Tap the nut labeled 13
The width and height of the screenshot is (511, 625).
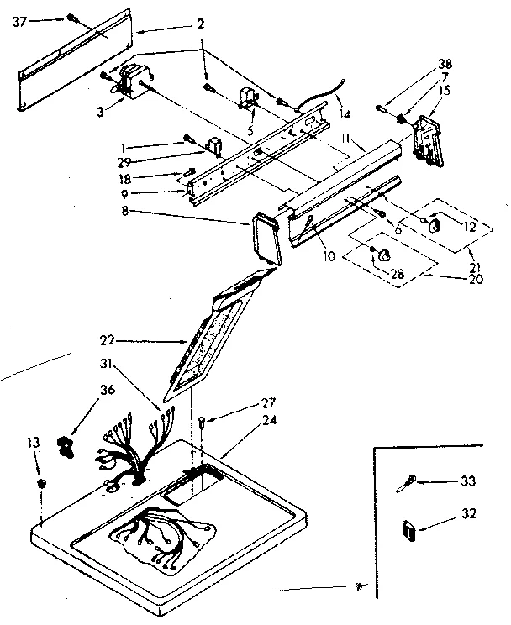coord(41,486)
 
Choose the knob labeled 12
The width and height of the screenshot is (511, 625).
coord(435,226)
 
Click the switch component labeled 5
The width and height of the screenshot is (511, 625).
coord(248,100)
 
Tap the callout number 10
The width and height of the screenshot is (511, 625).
coord(329,255)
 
